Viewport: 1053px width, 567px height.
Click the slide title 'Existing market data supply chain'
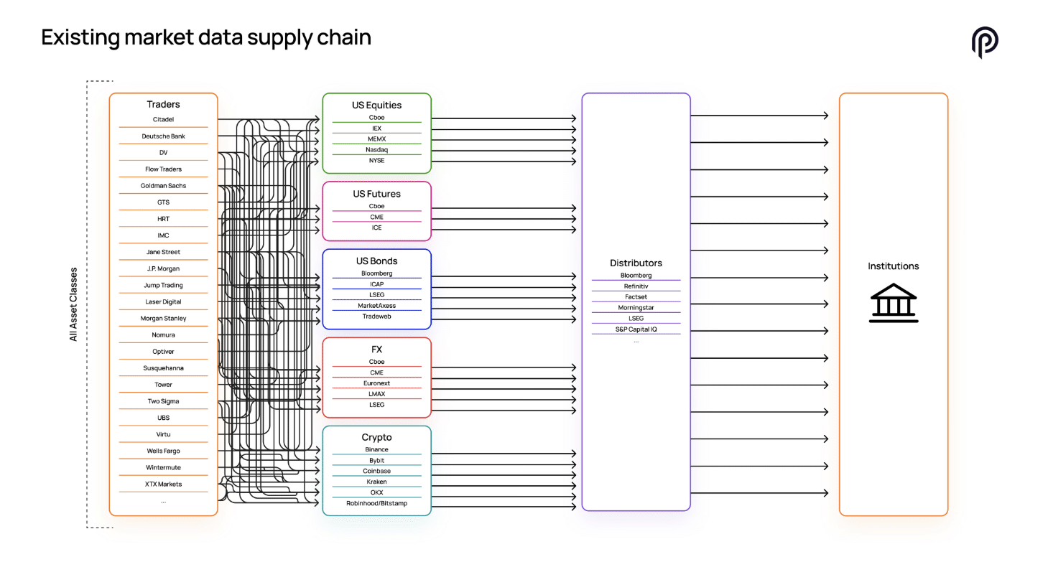206,37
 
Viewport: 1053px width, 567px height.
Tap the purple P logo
984,42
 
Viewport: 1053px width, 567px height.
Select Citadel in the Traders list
163,119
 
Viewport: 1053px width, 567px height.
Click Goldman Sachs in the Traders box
163,186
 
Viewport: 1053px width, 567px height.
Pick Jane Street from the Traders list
163,252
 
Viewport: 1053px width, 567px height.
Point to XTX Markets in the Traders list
163,484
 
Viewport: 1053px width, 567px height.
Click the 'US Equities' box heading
376,106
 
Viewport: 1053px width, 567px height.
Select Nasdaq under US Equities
376,150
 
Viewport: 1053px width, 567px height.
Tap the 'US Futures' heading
376,194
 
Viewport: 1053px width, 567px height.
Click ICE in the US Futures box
376,228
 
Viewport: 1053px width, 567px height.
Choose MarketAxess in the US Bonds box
376,305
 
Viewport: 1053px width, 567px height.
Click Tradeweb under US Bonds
376,316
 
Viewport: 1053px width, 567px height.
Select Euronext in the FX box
376,383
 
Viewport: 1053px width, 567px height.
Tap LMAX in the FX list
376,393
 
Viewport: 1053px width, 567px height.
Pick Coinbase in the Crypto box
376,471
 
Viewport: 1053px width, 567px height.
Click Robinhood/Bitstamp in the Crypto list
376,503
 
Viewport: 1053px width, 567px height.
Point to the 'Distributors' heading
636,263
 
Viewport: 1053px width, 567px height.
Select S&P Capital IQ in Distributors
636,329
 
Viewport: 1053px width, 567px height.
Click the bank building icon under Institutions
893,303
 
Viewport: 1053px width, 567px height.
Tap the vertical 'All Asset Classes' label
73,304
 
